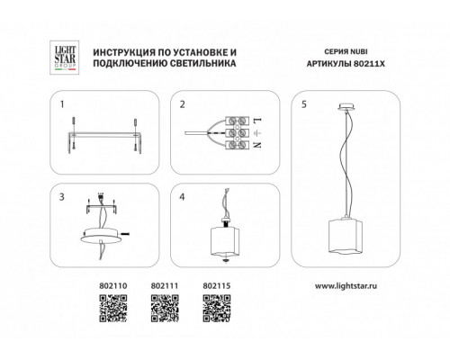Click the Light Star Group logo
[65, 58]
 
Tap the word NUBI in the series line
[358, 51]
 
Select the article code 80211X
[369, 64]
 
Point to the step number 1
[62, 104]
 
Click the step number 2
[183, 104]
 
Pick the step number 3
[62, 197]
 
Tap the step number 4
[182, 197]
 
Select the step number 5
[304, 104]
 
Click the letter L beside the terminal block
[258, 121]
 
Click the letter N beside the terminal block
[257, 145]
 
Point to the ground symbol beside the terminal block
[257, 132]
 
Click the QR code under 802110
[113, 309]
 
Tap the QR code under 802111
[165, 309]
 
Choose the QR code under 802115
[217, 309]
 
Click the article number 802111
[165, 286]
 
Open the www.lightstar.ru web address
[346, 285]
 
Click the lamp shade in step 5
[346, 237]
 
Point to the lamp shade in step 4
[225, 241]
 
